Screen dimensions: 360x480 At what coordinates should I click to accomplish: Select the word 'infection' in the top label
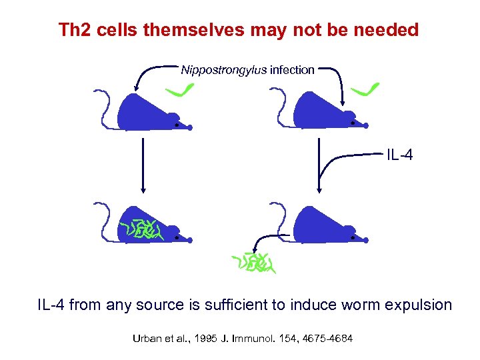coord(292,70)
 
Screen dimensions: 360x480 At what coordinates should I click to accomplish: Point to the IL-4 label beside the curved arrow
coord(399,155)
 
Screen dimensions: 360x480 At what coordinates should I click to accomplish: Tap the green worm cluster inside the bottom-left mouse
coord(141,229)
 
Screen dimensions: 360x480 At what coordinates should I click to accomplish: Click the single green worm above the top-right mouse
coord(366,89)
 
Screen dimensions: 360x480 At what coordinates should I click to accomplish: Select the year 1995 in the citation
coord(206,339)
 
